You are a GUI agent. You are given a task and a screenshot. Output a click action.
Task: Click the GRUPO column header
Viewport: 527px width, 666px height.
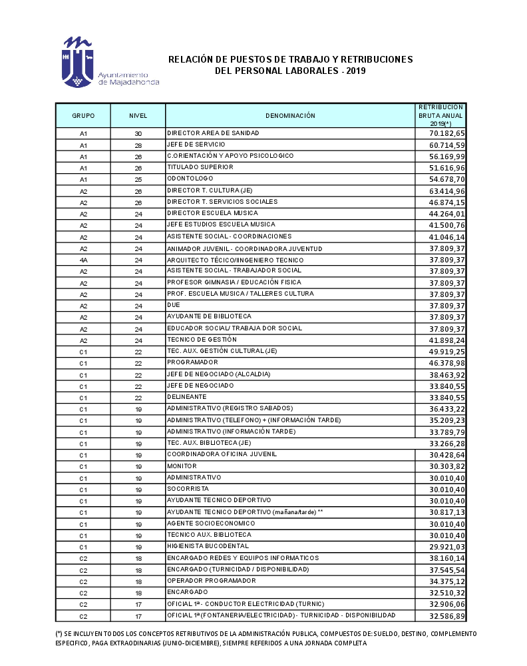coord(83,116)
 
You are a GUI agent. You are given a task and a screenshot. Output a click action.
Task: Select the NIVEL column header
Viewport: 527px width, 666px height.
coord(138,116)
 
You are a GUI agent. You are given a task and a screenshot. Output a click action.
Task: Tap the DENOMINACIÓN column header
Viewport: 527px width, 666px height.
coord(290,116)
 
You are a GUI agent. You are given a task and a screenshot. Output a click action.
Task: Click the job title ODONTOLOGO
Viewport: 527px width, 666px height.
coord(190,178)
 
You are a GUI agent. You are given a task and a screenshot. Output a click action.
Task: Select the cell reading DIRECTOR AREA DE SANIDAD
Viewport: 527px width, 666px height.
coord(213,133)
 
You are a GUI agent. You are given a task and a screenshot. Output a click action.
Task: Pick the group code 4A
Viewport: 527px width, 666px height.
coord(83,260)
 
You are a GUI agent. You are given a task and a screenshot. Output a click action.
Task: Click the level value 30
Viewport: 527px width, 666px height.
coord(138,134)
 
